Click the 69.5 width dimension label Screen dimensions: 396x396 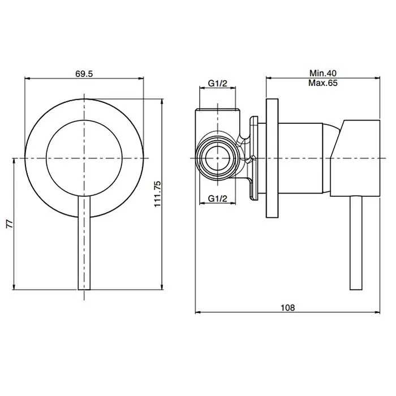(84, 74)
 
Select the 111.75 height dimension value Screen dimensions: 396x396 (158, 194)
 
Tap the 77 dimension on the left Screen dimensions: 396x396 (10, 224)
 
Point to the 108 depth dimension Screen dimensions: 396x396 (287, 308)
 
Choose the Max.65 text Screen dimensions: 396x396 (323, 83)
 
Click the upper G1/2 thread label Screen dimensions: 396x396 (217, 83)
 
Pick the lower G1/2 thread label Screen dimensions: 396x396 (217, 199)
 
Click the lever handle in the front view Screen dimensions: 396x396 (84, 243)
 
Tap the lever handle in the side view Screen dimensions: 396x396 (356, 243)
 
